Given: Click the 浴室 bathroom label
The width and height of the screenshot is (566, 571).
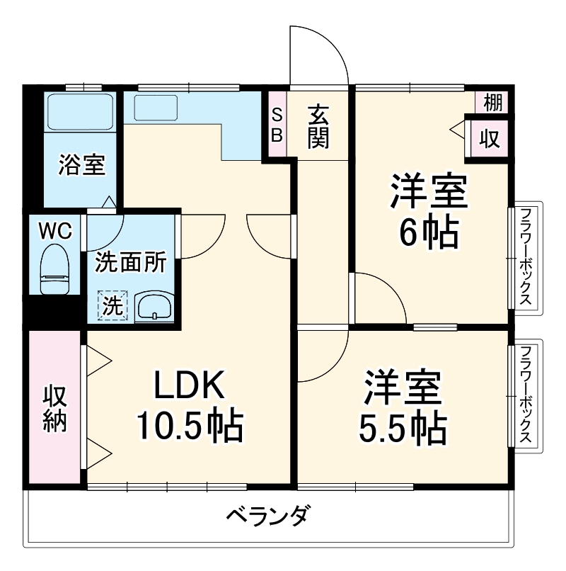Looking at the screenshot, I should (x=81, y=165).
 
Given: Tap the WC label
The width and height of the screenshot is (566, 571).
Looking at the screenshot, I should (x=54, y=230).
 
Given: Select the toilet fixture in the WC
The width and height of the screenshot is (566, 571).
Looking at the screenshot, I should (x=54, y=268).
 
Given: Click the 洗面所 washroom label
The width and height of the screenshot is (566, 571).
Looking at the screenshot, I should (x=131, y=263).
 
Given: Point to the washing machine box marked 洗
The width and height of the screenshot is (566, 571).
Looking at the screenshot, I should (x=113, y=306).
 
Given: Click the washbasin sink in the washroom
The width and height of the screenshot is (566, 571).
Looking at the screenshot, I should (x=154, y=307).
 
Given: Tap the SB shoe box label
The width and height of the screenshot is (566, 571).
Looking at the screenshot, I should (x=278, y=123).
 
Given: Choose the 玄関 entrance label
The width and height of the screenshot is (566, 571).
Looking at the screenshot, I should (x=319, y=126).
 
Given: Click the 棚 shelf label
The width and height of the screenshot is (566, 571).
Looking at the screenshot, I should (x=492, y=103).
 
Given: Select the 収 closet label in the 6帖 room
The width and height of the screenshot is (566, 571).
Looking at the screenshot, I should (x=490, y=137).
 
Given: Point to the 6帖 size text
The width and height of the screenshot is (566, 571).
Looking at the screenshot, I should (x=428, y=233).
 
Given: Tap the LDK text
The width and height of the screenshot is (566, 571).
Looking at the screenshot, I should (x=189, y=386).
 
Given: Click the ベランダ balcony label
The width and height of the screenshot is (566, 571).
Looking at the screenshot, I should (x=268, y=515).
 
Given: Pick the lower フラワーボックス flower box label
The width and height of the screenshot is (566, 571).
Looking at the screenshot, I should (x=526, y=395).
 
